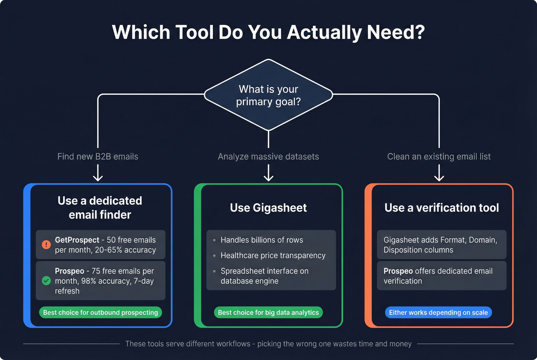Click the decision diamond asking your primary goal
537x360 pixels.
[x=268, y=95]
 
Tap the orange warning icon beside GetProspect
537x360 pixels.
[x=46, y=245]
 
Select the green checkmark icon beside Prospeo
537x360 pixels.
[x=46, y=281]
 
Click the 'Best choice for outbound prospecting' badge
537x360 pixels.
[x=100, y=312]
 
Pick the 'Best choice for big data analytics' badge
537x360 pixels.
[x=268, y=312]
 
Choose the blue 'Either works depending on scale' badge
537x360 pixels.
[x=438, y=312]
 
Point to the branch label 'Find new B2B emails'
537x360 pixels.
[x=98, y=156]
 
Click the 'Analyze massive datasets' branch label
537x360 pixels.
[x=268, y=156]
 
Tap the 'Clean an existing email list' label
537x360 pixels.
[x=439, y=156]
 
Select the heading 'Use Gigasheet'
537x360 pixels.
[x=268, y=208]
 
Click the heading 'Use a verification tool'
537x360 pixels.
[x=441, y=208]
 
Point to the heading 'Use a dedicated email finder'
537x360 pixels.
[x=100, y=208]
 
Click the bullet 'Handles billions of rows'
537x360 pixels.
[x=262, y=240]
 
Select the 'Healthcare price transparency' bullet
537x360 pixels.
[x=273, y=255]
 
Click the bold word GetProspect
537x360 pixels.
[x=77, y=240]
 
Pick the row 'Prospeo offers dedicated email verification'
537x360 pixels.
[x=441, y=276]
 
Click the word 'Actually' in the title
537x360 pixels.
[x=324, y=32]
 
